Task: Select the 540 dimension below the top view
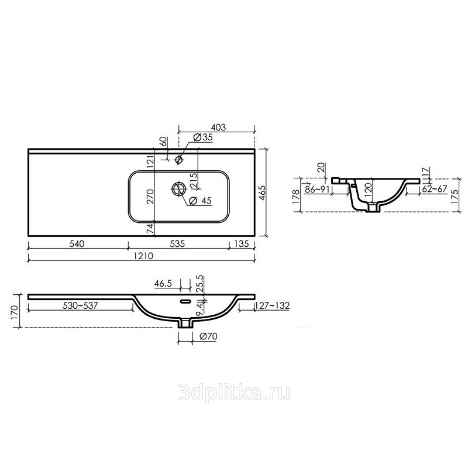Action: click(x=77, y=244)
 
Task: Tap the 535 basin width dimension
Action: click(x=177, y=244)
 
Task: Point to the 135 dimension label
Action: click(x=242, y=244)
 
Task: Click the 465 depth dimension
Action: click(x=261, y=193)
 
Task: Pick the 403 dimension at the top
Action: click(x=218, y=128)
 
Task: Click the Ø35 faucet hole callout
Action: click(x=203, y=137)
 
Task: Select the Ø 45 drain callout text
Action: click(x=200, y=201)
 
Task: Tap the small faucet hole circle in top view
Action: click(x=179, y=160)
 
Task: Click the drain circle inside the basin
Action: click(x=179, y=188)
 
